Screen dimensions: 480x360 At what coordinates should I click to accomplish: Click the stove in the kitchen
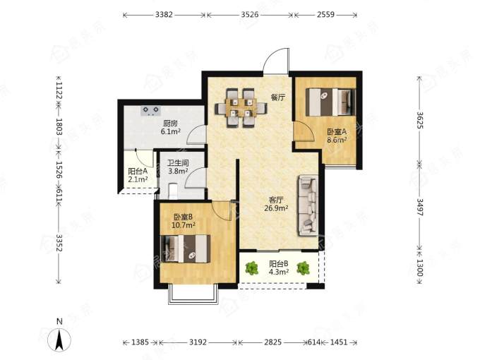150,111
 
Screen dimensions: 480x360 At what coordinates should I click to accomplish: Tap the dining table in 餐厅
241,107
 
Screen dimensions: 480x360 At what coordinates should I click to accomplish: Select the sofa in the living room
308,205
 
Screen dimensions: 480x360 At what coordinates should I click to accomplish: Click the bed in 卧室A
330,102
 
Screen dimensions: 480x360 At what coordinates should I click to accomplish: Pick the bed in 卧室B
185,248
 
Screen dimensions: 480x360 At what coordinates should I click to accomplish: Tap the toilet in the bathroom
174,191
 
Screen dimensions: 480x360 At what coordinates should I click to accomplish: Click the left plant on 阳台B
251,268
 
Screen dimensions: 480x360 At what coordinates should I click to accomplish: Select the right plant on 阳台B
303,268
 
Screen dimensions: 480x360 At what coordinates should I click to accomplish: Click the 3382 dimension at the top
164,14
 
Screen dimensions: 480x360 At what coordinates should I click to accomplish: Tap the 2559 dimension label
325,14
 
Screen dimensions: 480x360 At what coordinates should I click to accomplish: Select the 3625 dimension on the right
420,120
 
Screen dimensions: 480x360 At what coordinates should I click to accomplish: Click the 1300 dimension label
420,268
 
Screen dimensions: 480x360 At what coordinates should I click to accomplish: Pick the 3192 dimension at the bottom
198,342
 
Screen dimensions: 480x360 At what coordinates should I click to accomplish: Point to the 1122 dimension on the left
59,90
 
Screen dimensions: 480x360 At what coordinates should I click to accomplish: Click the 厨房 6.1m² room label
171,128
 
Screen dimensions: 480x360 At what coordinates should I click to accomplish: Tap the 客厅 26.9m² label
276,204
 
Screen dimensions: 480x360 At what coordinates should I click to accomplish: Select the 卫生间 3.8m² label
178,167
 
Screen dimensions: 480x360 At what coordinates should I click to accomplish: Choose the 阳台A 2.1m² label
138,175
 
